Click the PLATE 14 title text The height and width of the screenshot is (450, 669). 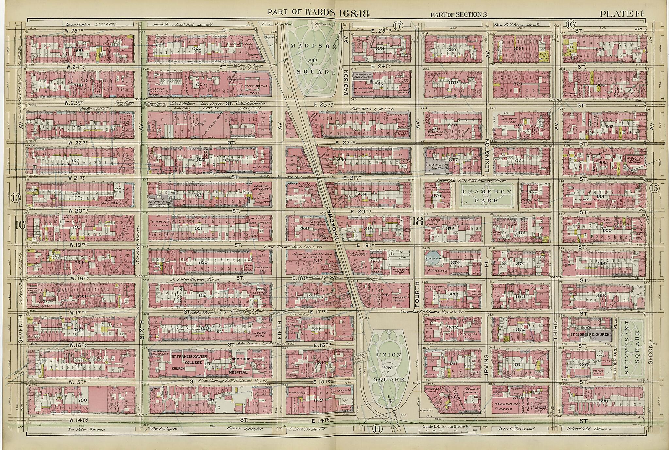[621, 13]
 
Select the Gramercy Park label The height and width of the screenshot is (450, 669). [487, 196]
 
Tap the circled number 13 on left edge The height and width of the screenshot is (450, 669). [15, 197]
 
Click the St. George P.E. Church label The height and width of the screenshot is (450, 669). [590, 335]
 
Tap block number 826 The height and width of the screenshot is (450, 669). [197, 48]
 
